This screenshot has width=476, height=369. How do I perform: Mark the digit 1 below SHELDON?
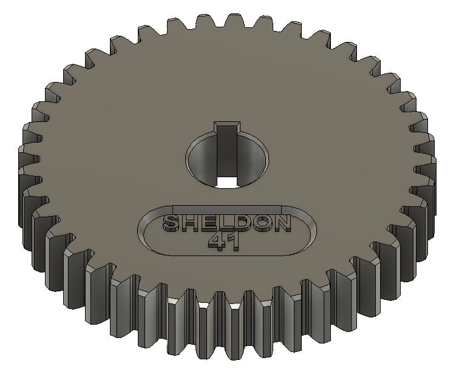pos(234,242)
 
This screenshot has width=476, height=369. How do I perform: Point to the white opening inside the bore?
pos(227,181)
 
